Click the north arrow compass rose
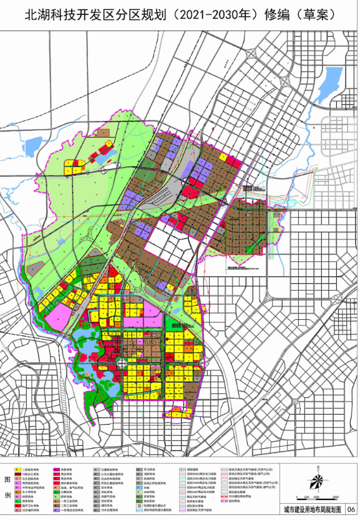tap(317, 481)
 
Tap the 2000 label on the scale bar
tap(334, 498)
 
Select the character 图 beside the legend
tap(6, 479)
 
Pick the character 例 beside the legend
tap(6, 496)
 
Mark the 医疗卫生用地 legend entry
tap(29, 506)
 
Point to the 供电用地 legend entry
tap(106, 492)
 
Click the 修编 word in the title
tap(272, 14)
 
